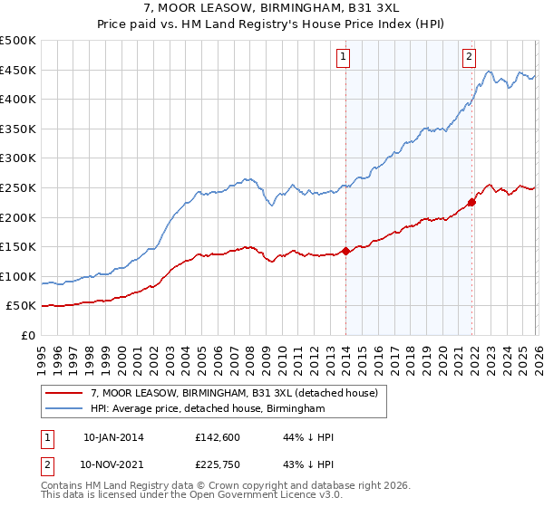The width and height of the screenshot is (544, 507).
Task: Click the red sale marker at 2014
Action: point(345,251)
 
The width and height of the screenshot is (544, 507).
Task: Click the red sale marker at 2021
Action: point(472,202)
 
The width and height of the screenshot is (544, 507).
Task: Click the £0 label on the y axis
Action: point(27,336)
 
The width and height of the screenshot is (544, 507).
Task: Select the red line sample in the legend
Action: point(64,392)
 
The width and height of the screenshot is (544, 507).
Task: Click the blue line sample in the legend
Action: point(64,409)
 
